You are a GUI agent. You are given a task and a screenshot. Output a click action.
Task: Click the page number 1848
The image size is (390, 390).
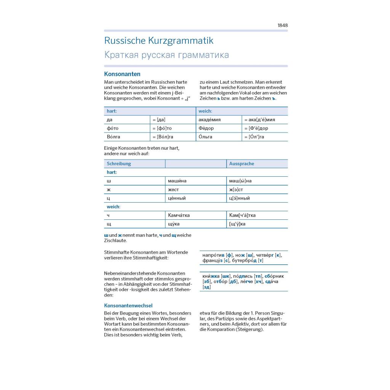coord(283,26)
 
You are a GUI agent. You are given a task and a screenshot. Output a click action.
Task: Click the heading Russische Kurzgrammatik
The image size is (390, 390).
coord(159,41)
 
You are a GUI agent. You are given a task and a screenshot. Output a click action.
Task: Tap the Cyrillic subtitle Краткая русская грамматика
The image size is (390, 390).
coord(166,55)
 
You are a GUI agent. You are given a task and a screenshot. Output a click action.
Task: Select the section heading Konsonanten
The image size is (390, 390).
coord(122,74)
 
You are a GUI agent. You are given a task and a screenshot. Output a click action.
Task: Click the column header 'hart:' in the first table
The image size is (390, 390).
coord(112,111)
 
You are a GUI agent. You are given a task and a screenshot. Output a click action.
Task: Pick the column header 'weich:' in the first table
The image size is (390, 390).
coord(205,111)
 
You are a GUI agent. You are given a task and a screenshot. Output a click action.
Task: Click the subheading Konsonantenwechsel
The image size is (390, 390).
coord(128,305)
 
